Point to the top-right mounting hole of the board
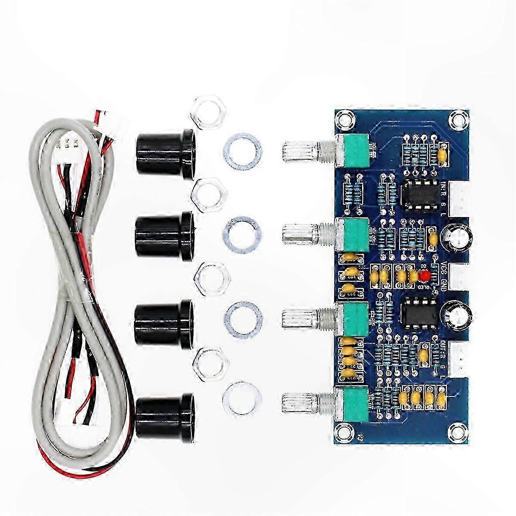[456, 117]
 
